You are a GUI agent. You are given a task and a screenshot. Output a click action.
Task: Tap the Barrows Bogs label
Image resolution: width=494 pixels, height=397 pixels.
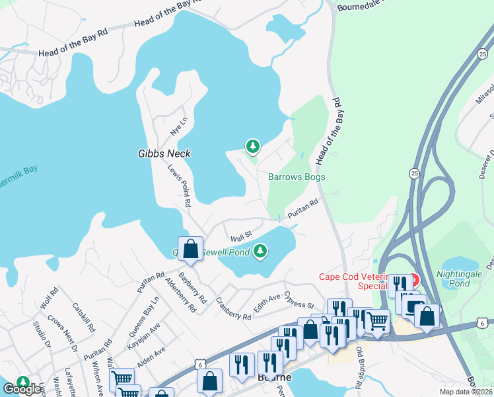coord(297,177)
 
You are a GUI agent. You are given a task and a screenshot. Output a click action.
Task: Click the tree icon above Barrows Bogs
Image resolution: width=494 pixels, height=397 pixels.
coord(252,146)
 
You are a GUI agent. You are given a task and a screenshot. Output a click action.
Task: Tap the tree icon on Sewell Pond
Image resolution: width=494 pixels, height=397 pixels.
coord(261,251)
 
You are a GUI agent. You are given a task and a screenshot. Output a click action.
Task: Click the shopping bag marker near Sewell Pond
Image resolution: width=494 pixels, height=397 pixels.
coord(190,249)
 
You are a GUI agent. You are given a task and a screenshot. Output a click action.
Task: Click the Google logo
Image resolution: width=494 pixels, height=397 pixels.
coord(22,389)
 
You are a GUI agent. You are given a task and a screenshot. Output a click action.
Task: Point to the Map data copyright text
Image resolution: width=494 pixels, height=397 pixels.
coord(465,392)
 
